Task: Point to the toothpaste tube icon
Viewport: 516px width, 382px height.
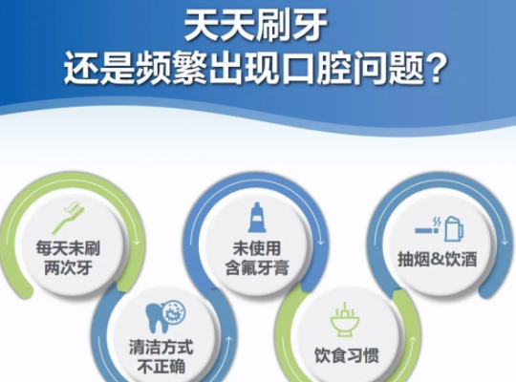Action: tap(255, 217)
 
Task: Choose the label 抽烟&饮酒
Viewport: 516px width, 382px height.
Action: tap(437, 260)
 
